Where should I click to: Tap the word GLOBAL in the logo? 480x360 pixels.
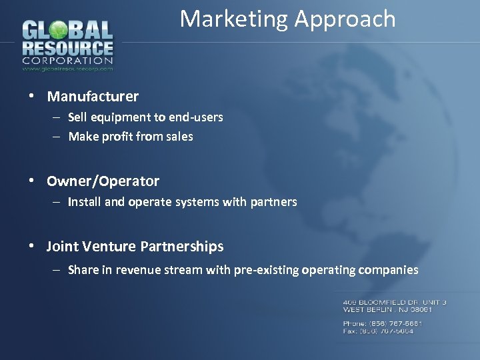67,31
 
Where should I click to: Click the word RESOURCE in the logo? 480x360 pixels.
67,49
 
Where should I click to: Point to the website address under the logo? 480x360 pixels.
67,68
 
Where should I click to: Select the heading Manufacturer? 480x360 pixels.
93,97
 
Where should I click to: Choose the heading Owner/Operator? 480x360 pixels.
103,181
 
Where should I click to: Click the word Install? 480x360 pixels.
83,202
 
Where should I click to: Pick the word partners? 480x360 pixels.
274,202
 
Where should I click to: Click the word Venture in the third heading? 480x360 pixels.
110,247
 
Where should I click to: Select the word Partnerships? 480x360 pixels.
182,247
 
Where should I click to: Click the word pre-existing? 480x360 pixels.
265,270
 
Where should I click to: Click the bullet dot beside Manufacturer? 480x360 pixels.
32,96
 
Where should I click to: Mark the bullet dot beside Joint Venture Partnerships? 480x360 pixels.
32,246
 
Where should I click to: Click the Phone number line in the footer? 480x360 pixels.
382,323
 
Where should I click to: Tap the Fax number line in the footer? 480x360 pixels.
378,331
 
